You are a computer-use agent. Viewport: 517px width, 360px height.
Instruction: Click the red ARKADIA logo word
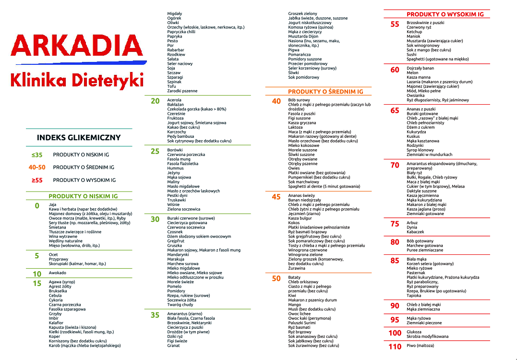click(x=77, y=47)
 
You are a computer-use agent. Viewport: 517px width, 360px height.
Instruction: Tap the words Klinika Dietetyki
click(x=77, y=80)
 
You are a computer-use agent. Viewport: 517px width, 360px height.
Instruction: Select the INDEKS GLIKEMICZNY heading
click(x=79, y=138)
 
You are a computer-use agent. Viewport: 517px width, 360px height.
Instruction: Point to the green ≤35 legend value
click(x=37, y=155)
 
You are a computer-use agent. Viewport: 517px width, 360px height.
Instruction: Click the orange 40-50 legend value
click(x=37, y=168)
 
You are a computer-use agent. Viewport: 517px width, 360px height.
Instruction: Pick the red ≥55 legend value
click(x=37, y=180)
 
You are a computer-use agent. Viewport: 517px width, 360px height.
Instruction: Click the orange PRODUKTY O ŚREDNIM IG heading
click(x=325, y=92)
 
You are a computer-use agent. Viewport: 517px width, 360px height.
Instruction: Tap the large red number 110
click(x=395, y=347)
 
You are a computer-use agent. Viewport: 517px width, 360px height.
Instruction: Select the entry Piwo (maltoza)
click(x=420, y=346)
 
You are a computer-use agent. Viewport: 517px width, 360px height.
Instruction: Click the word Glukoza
click(x=414, y=332)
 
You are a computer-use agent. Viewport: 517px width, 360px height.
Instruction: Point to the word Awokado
click(x=58, y=273)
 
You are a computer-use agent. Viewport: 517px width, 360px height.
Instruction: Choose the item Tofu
click(x=171, y=86)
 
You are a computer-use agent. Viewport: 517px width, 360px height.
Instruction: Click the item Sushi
click(x=412, y=55)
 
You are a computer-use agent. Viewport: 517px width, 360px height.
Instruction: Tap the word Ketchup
click(x=414, y=32)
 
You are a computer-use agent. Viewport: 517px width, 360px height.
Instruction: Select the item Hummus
click(x=175, y=168)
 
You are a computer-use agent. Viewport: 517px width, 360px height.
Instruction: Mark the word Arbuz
click(x=412, y=223)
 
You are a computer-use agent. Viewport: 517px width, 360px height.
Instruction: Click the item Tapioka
click(x=414, y=296)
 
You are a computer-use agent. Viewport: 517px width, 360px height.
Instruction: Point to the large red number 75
click(x=395, y=224)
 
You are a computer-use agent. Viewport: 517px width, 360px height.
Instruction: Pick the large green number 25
click(x=155, y=151)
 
